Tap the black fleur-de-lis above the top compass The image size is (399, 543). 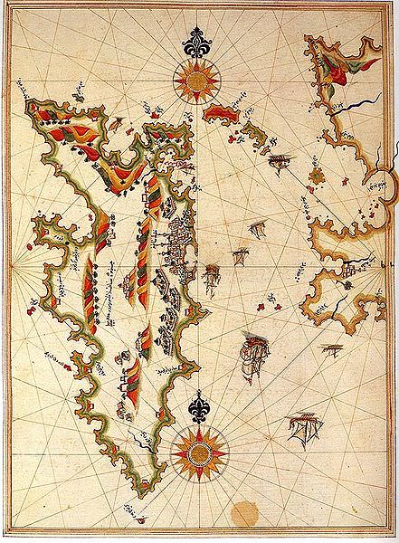click(199, 43)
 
